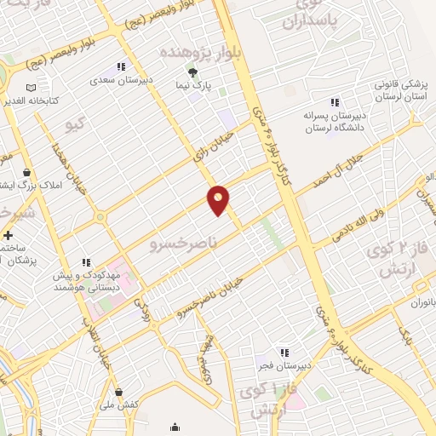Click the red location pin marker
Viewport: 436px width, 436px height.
[x=219, y=199]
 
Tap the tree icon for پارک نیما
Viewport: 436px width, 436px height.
[x=192, y=72]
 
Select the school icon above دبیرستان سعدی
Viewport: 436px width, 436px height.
[x=121, y=66]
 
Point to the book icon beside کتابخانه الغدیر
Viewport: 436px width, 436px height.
[x=32, y=87]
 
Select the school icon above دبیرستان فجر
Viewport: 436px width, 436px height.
[x=284, y=351]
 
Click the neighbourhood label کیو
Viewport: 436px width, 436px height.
[x=76, y=126]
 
